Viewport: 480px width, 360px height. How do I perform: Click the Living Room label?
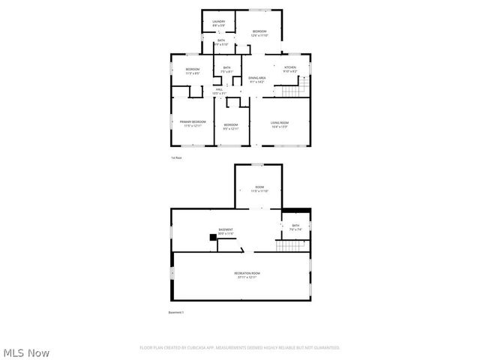click(x=279, y=124)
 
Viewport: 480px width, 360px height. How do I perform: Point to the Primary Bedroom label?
click(x=192, y=123)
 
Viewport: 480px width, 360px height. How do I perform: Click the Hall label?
click(x=219, y=91)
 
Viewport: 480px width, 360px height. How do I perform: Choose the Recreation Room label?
click(x=247, y=274)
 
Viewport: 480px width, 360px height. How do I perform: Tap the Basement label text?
click(x=226, y=231)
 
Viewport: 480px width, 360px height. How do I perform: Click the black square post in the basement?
click(x=212, y=238)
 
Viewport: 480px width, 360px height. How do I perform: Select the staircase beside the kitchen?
click(x=293, y=91)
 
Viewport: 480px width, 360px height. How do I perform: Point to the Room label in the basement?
click(x=259, y=188)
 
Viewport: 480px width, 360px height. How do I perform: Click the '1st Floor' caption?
click(x=176, y=157)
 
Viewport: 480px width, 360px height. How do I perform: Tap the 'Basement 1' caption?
click(x=175, y=311)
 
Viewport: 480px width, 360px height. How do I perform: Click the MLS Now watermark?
click(x=26, y=352)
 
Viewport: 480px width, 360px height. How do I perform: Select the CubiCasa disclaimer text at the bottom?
click(x=240, y=347)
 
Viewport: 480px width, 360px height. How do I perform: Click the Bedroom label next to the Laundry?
click(x=259, y=32)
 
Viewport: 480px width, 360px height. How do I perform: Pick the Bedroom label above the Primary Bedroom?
click(x=192, y=70)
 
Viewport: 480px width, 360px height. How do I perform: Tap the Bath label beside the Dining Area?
click(x=226, y=70)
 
